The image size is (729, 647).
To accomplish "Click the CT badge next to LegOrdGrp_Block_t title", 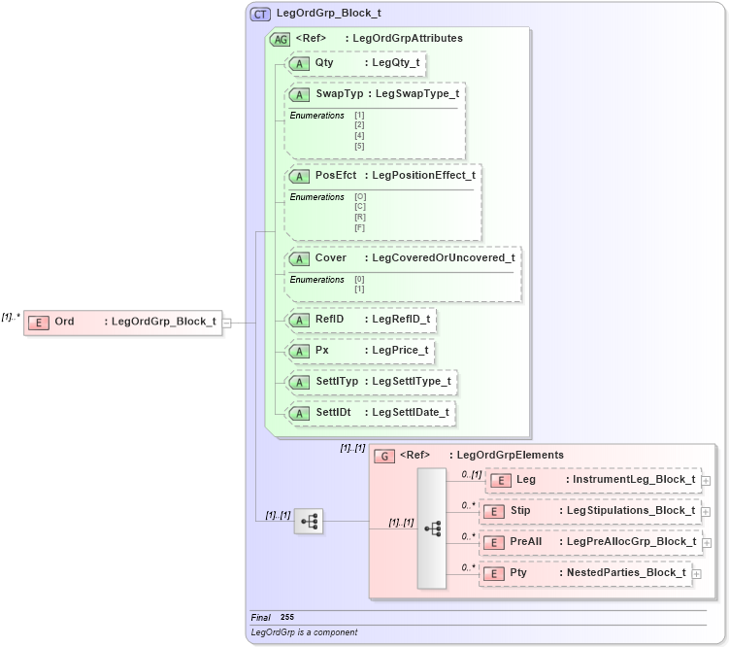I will pos(261,15).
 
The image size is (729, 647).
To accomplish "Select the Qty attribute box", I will pos(356,63).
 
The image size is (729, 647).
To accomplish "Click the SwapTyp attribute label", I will pos(333,94).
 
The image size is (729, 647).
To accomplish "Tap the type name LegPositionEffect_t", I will pos(423,176).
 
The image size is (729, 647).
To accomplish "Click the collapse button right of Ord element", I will pos(226,323).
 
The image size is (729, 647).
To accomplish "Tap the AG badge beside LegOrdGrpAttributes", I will pos(280,39).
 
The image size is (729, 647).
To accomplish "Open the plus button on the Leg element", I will pos(706,480).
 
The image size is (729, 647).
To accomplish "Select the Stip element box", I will pos(590,511).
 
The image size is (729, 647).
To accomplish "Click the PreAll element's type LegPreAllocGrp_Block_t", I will pos(630,542).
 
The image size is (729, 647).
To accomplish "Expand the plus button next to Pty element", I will pos(696,574).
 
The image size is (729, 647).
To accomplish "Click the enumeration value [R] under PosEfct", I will pos(360,218).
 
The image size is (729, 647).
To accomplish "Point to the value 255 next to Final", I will pos(287,617).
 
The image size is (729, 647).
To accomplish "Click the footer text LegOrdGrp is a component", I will pos(304,632).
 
